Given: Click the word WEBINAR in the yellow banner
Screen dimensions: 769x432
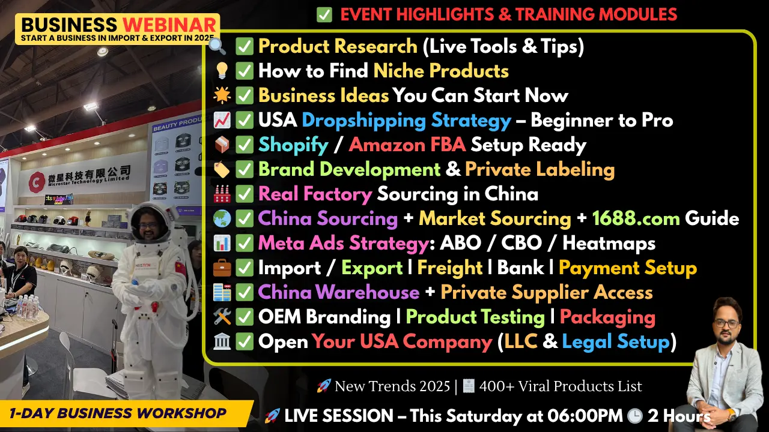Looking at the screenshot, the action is [169, 25].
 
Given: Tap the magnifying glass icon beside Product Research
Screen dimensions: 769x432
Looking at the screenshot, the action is [217, 46].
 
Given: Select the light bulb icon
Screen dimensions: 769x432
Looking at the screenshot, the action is [222, 70].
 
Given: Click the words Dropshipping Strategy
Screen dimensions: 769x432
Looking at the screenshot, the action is [407, 121].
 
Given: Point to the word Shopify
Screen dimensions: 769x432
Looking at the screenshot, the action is [293, 145].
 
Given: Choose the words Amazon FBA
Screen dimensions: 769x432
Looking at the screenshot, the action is [407, 145].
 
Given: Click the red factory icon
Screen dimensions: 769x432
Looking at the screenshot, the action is [222, 194].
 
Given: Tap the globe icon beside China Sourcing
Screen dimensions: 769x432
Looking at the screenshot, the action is [222, 218].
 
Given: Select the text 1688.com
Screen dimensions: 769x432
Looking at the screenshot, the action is [636, 218].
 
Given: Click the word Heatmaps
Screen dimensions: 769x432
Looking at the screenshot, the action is [609, 244].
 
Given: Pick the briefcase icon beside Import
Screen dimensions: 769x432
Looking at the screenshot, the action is [222, 268].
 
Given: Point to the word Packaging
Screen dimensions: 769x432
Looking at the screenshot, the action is [607, 317].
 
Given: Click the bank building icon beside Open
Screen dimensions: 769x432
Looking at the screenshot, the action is [222, 341].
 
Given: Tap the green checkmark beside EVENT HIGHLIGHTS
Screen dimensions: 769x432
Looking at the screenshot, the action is [324, 15].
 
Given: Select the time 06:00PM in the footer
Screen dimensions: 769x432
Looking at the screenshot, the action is [585, 416].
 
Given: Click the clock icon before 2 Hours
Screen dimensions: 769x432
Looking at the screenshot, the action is [635, 416].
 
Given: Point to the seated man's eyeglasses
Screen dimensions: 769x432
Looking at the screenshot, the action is [727, 323].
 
